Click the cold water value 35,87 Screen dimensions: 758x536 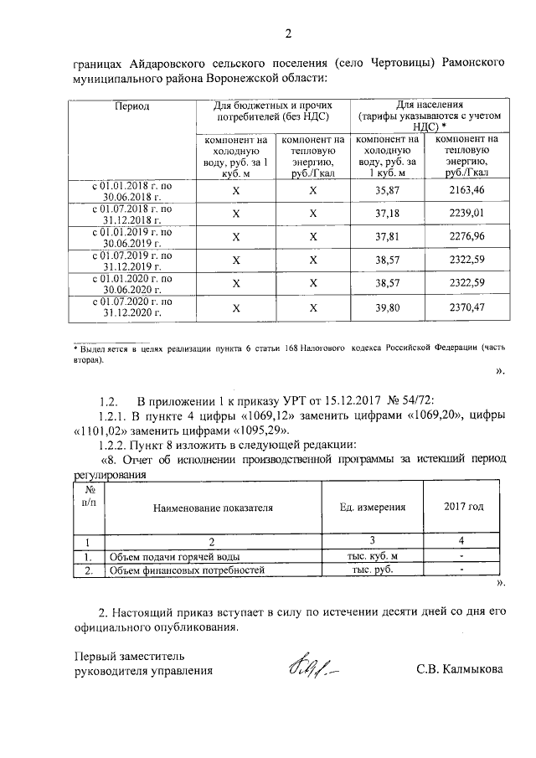click(x=387, y=191)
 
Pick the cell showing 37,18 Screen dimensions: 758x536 click(x=387, y=214)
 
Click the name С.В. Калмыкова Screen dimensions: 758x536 click(x=459, y=670)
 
